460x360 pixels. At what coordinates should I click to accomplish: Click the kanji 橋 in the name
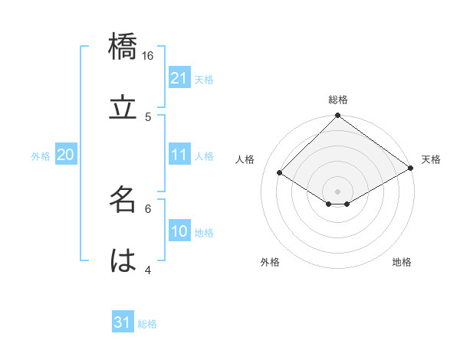point(123,47)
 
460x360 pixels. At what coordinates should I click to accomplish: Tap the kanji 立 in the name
point(123,108)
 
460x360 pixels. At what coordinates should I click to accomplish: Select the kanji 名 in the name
point(123,199)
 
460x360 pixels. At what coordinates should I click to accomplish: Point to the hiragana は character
point(123,260)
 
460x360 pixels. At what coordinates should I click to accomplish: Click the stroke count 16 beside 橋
point(149,56)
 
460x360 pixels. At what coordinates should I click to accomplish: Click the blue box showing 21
point(179,77)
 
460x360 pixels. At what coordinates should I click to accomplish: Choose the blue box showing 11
point(179,155)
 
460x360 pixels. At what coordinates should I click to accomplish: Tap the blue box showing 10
point(179,231)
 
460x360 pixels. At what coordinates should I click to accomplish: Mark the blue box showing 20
point(65,155)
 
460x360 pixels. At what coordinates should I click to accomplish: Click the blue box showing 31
point(123,322)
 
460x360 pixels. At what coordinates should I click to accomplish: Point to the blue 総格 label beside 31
point(147,324)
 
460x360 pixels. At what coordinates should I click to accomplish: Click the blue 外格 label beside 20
point(41,156)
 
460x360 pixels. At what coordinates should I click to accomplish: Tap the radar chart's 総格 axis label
point(338,100)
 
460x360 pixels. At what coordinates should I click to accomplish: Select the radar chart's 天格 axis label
point(431,159)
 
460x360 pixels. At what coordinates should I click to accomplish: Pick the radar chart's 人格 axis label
point(245,159)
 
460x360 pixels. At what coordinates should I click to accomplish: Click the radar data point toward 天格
point(411,169)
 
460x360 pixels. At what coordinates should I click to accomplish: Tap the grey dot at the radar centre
point(338,191)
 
